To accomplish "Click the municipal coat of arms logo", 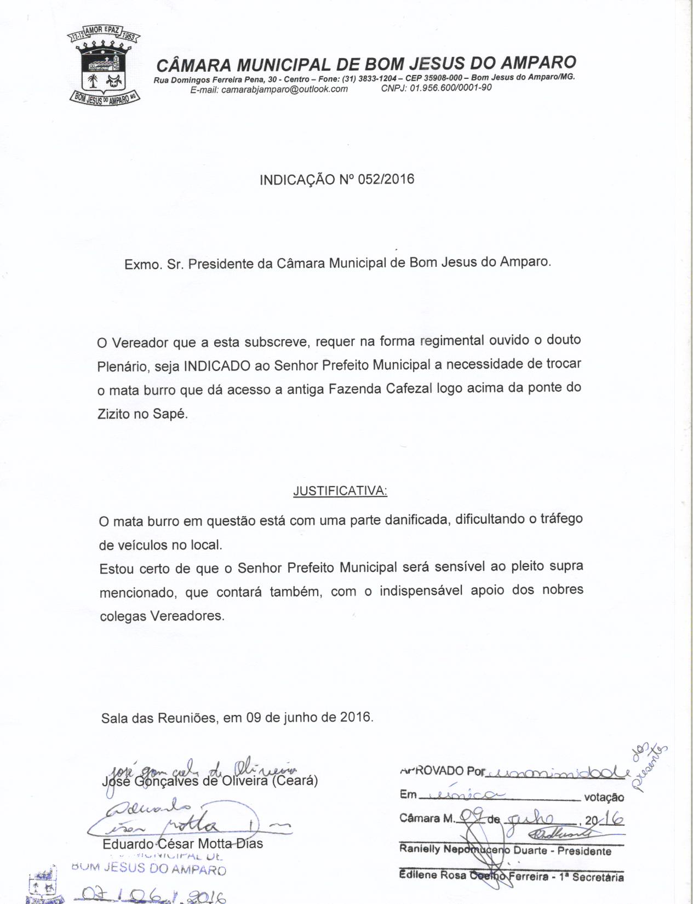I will click(104, 65).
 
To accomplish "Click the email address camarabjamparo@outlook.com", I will click(269, 89).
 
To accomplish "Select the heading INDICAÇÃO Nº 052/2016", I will click(337, 179).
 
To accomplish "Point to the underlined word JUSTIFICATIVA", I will click(340, 491).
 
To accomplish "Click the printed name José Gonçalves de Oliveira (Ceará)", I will click(210, 781).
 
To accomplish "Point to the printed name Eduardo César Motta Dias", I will click(182, 844).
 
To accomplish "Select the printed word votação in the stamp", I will click(604, 798).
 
